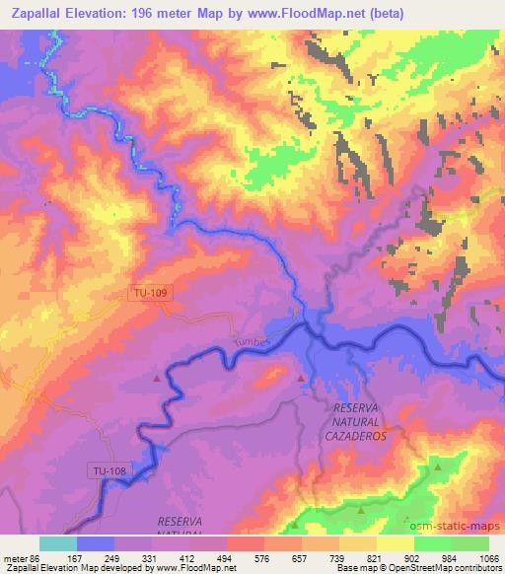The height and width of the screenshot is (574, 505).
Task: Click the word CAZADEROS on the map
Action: pos(356,433)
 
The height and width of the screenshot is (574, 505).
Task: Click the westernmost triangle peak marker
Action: pos(157,378)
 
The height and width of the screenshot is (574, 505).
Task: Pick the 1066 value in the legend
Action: pos(487,558)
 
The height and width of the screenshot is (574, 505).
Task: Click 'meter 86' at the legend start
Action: pos(20,558)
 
